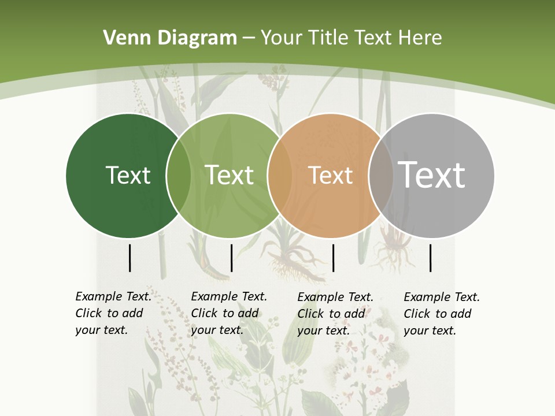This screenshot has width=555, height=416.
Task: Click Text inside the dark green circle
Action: coord(128,175)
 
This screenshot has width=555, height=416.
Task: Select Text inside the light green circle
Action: coord(230,175)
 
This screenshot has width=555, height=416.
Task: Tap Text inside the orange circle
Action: coord(330,175)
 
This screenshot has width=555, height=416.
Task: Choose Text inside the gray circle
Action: coord(432,175)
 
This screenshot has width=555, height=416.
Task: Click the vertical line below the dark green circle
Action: coord(129,258)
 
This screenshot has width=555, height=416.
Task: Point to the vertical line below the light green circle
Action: coord(231,258)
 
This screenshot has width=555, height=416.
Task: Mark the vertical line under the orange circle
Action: coord(333,258)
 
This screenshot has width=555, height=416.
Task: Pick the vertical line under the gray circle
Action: coord(430,258)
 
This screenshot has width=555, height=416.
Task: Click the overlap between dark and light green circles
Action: coord(179,175)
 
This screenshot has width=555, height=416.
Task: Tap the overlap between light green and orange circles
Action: coord(280,175)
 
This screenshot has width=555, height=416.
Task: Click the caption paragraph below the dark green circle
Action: coord(113,313)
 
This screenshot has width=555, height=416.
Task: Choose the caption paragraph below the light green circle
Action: coord(229,313)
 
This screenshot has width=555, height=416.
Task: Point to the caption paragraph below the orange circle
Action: coord(335,314)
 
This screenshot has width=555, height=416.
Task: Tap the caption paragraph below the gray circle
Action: coord(442,314)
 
